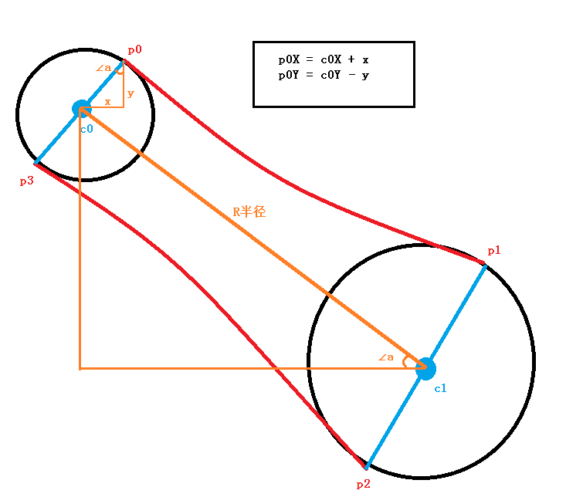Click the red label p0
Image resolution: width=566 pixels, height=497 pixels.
[135, 50]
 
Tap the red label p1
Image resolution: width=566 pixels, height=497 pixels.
[494, 251]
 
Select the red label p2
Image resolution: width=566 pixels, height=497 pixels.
[363, 484]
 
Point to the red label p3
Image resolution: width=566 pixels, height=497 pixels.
[26, 181]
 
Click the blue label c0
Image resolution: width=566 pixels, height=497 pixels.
[86, 129]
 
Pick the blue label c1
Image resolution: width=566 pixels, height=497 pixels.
[440, 388]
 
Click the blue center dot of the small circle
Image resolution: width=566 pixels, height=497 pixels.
[81, 108]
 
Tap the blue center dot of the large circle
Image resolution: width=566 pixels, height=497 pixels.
[425, 368]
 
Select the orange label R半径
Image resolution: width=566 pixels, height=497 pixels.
[249, 211]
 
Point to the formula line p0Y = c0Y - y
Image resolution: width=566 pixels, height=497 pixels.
[324, 76]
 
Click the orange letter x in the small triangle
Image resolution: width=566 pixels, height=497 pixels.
[107, 101]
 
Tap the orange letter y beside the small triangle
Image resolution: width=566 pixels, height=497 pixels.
[130, 93]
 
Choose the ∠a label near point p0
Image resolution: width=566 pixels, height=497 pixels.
[104, 68]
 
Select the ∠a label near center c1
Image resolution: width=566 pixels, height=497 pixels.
[385, 357]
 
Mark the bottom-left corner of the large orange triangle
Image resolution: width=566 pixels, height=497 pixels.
[80, 368]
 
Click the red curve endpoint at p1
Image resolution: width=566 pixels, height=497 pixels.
[484, 265]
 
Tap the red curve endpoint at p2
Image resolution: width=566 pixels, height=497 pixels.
[365, 467]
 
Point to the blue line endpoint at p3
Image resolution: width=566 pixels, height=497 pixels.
[36, 163]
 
